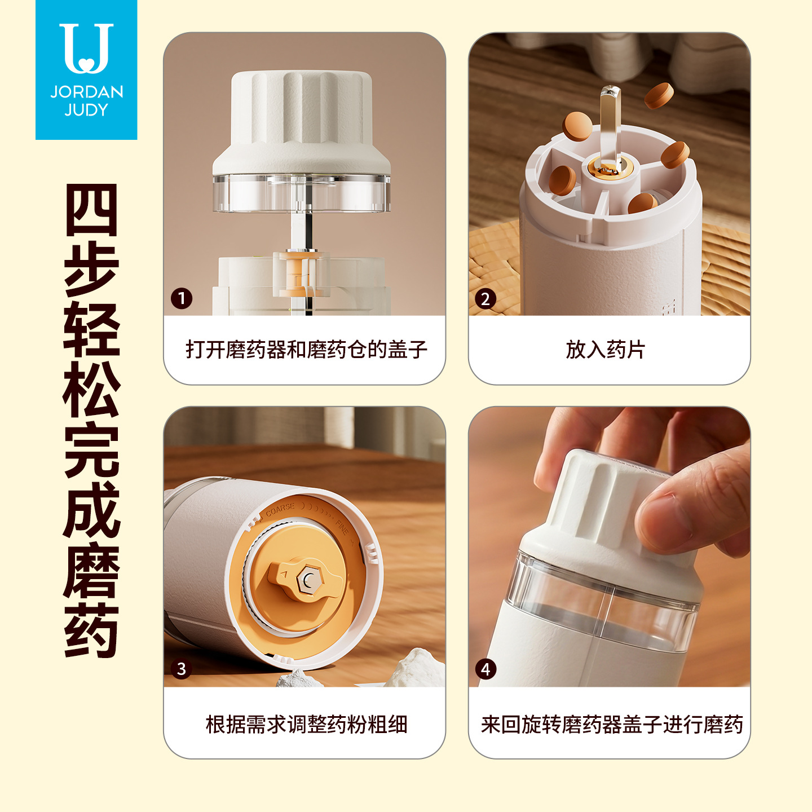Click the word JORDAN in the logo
tap(87, 92)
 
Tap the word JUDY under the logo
tap(86, 110)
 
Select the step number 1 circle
tap(182, 298)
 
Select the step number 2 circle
tap(486, 299)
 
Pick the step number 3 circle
tap(182, 669)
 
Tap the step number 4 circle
tap(486, 669)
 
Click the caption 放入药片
tap(606, 350)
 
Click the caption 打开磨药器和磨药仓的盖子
tap(306, 350)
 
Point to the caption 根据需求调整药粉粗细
tap(306, 725)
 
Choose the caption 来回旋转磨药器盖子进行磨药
tap(612, 725)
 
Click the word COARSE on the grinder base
tap(280, 509)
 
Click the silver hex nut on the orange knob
tap(310, 579)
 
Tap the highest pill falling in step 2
tap(659, 96)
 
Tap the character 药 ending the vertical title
tap(91, 630)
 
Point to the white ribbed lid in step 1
tap(301, 122)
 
